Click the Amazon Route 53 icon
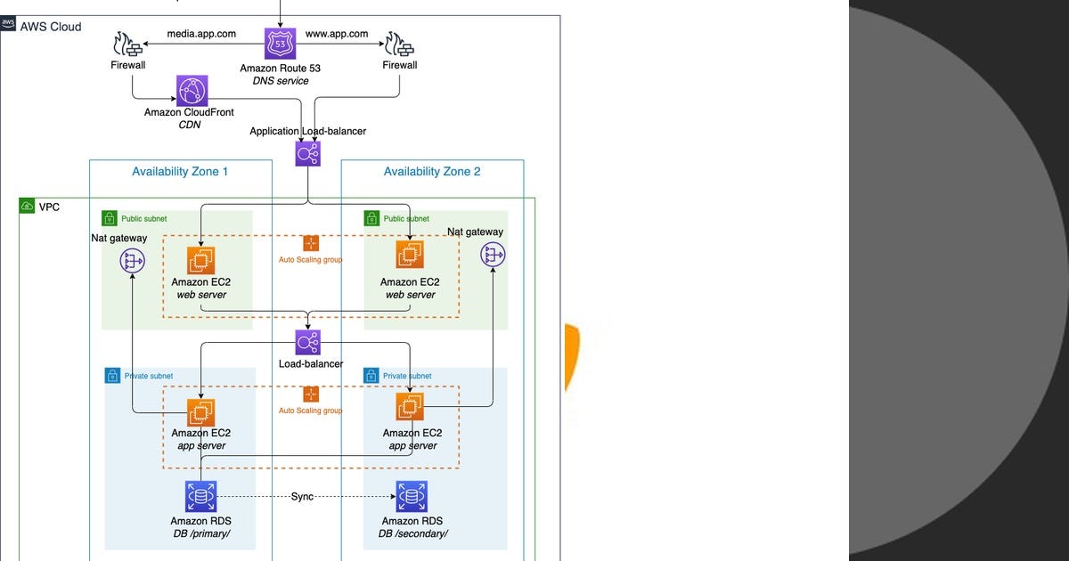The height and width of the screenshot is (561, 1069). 280,45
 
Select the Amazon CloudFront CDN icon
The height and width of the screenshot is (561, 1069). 192,91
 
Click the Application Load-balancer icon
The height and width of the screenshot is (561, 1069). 307,153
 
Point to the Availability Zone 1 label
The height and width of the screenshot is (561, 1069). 180,171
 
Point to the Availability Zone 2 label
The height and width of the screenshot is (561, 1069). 432,171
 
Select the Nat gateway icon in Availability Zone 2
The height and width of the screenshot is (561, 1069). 493,256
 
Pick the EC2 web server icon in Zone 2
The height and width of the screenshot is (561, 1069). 410,255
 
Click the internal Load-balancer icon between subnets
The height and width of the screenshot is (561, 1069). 307,343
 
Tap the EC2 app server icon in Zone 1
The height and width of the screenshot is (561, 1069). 201,411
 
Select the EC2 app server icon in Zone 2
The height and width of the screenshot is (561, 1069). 410,407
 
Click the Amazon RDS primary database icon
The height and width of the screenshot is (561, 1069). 200,496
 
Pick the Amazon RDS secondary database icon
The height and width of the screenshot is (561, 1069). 412,496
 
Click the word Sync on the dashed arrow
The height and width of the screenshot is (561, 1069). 302,496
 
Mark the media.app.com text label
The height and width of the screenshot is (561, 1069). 202,34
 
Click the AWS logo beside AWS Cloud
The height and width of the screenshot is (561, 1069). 9,24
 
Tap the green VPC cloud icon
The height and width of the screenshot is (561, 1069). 27,207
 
